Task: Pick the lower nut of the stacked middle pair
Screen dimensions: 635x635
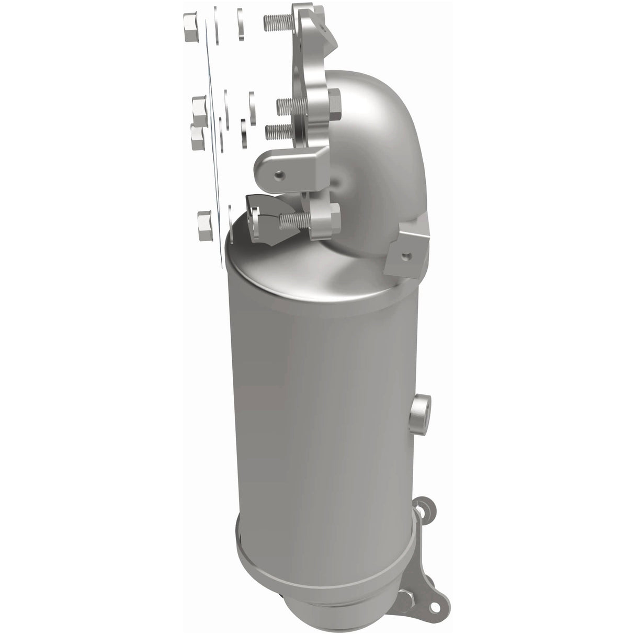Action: coord(197,137)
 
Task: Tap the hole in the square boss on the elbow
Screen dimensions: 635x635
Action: coord(406,255)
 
